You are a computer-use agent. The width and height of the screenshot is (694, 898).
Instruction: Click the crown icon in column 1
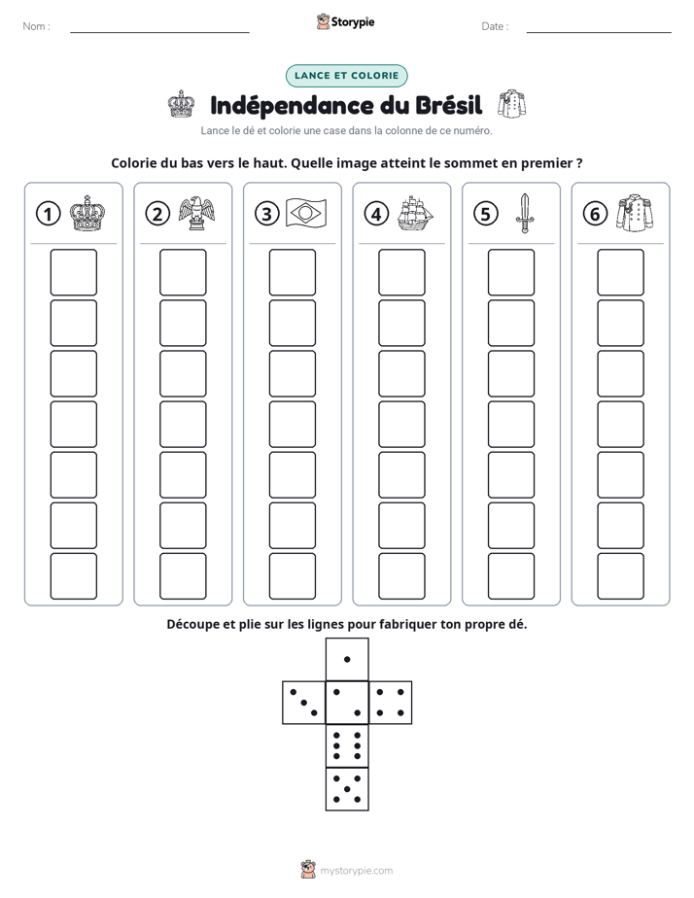(x=87, y=213)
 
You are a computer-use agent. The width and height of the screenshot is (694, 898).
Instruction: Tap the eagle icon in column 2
(x=197, y=213)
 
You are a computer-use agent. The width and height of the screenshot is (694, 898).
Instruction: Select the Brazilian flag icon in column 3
(x=306, y=213)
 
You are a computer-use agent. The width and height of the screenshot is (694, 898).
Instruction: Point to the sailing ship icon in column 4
(x=416, y=213)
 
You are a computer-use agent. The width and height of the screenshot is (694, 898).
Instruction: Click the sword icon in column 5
(x=525, y=213)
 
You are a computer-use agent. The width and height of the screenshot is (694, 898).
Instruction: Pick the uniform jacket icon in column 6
(x=635, y=213)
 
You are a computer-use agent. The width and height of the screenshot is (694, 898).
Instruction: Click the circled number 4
(x=376, y=214)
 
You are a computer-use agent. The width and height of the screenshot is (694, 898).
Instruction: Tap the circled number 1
(x=48, y=214)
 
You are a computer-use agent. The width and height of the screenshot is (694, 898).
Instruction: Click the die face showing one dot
(x=347, y=660)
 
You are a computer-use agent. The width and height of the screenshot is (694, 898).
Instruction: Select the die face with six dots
(x=347, y=745)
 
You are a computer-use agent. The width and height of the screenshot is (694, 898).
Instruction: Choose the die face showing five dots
(x=347, y=789)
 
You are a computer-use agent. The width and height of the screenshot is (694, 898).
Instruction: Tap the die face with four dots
(x=391, y=703)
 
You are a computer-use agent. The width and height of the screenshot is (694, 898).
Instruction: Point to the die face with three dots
(x=304, y=703)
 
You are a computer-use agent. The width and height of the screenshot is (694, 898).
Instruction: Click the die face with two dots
(x=347, y=703)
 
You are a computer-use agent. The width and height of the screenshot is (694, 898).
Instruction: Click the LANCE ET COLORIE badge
(x=346, y=76)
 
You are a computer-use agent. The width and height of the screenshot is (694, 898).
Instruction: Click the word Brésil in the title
(x=449, y=105)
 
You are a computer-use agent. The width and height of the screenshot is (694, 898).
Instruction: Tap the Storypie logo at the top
(x=346, y=22)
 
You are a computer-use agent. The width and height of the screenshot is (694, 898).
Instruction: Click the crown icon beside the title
(x=181, y=104)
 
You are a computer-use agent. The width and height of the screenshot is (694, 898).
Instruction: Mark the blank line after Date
(x=599, y=32)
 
